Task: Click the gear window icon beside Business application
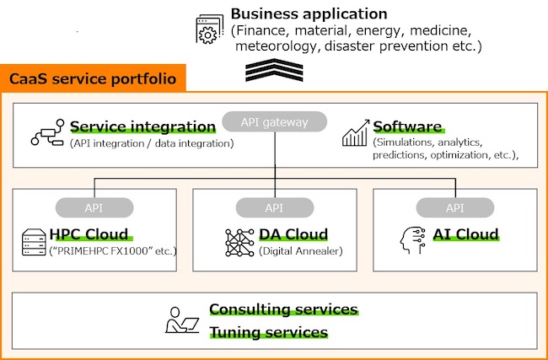210,30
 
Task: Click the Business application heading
309,14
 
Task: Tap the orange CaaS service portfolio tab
93,79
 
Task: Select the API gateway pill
274,123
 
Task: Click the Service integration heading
142,127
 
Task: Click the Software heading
407,127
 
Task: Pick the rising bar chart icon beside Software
355,134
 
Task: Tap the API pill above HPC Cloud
94,207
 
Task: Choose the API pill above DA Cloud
274,207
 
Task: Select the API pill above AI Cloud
454,207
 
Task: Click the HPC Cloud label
89,234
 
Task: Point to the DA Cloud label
293,234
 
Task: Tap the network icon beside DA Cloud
239,242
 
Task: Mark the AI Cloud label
465,234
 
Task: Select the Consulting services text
283,309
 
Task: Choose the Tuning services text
268,332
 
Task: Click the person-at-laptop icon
181,320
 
